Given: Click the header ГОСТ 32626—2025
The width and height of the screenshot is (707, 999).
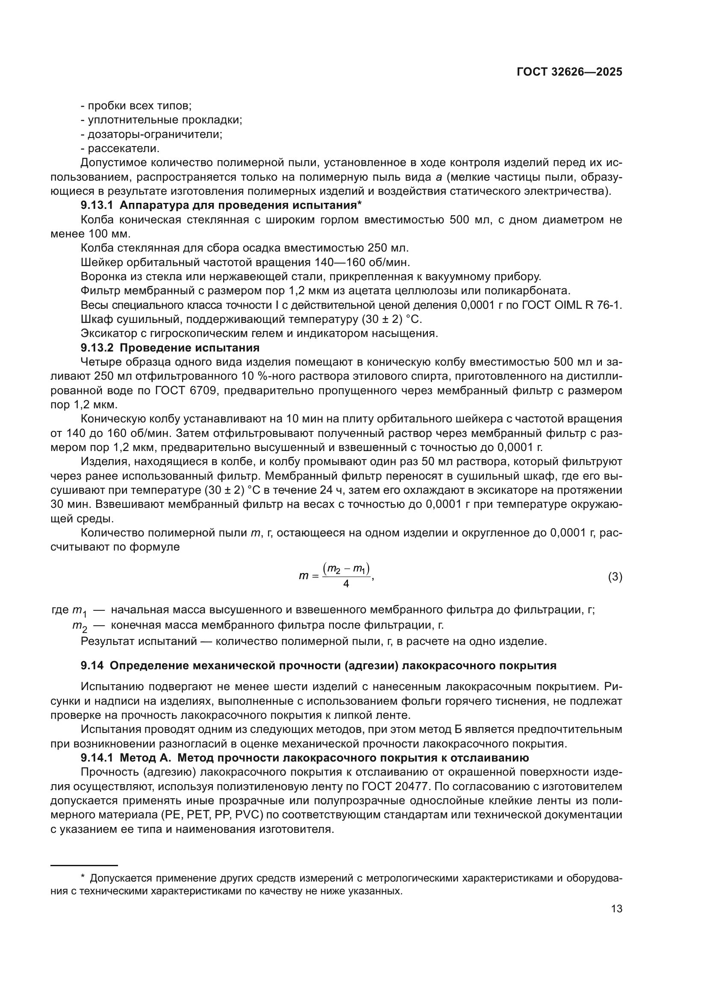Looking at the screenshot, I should click(569, 72).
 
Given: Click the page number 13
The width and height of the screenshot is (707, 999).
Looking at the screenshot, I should click(616, 908).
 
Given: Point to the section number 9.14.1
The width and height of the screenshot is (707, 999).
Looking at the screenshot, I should click(97, 758).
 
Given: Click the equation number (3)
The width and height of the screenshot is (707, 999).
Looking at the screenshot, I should click(615, 577).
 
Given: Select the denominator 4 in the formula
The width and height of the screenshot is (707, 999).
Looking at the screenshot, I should click(346, 584).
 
